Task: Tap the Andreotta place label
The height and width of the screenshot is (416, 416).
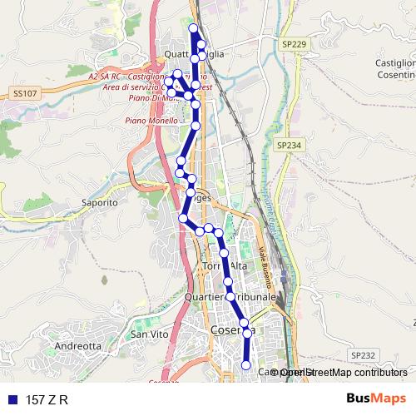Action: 77,345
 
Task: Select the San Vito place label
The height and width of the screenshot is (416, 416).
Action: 150,334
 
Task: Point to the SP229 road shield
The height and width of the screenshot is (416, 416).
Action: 294,44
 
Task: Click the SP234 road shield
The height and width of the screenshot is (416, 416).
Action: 285,144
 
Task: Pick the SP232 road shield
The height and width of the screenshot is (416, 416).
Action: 362,354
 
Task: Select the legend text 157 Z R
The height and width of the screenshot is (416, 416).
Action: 47,399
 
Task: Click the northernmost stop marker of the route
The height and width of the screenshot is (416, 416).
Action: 194,28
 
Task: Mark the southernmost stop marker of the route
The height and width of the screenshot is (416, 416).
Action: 245,364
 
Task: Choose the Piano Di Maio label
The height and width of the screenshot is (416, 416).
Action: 145,98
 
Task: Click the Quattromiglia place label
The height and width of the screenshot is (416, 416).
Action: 195,54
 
